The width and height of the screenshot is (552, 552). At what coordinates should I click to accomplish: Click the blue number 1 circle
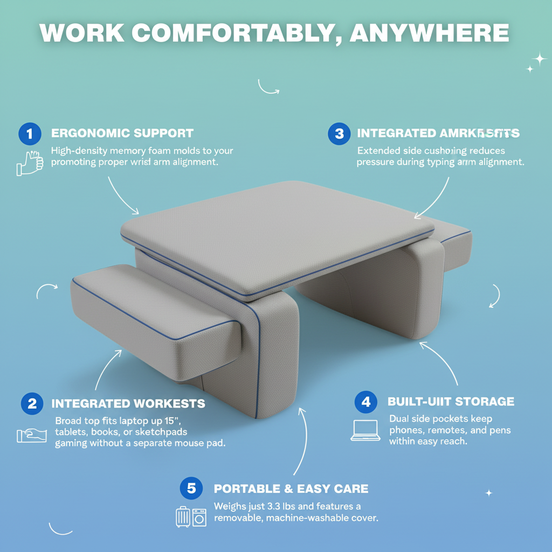click(x=29, y=133)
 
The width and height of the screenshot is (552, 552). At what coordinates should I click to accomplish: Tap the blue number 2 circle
click(x=32, y=403)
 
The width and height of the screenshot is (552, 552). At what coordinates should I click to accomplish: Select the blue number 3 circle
click(x=339, y=133)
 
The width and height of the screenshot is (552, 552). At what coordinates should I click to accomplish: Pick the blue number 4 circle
click(x=366, y=402)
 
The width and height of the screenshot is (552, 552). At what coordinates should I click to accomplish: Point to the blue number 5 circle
click(x=191, y=488)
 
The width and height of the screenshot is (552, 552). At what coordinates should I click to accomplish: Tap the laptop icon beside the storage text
click(x=365, y=430)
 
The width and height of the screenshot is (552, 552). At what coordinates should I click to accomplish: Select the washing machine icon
click(x=199, y=517)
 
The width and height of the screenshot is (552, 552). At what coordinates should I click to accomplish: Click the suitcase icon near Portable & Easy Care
click(x=183, y=516)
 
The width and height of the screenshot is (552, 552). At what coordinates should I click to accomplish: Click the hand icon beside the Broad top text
click(x=32, y=435)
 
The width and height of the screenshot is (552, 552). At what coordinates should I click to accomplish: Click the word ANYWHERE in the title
click(x=429, y=33)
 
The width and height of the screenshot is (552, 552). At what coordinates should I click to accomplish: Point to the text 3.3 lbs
click(x=280, y=506)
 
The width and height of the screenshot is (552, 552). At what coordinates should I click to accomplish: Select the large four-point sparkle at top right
click(x=538, y=58)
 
